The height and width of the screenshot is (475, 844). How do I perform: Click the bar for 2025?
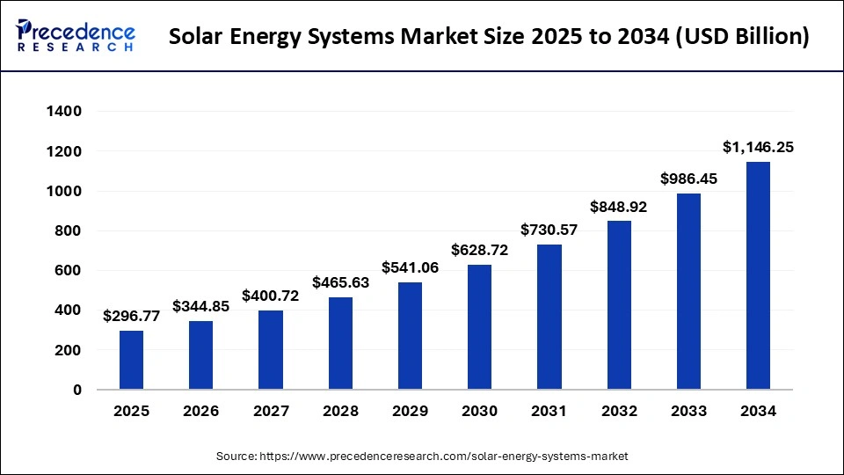pyautogui.click(x=131, y=360)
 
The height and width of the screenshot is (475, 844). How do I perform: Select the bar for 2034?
pyautogui.click(x=758, y=275)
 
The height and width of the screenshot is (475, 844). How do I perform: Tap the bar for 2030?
pyautogui.click(x=479, y=327)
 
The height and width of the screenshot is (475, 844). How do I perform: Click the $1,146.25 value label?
pyautogui.click(x=758, y=148)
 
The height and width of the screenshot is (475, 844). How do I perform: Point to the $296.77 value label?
pyautogui.click(x=131, y=317)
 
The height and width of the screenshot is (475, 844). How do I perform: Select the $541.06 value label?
pyautogui.click(x=410, y=267)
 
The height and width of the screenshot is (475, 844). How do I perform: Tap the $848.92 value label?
pyautogui.click(x=619, y=207)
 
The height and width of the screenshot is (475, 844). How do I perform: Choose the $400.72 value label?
pyautogui.click(x=271, y=296)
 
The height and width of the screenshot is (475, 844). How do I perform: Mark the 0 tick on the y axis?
pyautogui.click(x=77, y=390)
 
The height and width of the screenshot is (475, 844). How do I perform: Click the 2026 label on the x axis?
pyautogui.click(x=200, y=411)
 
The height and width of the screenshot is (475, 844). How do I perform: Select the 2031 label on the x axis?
pyautogui.click(x=549, y=411)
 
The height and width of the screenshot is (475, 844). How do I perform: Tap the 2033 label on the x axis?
pyautogui.click(x=688, y=411)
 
